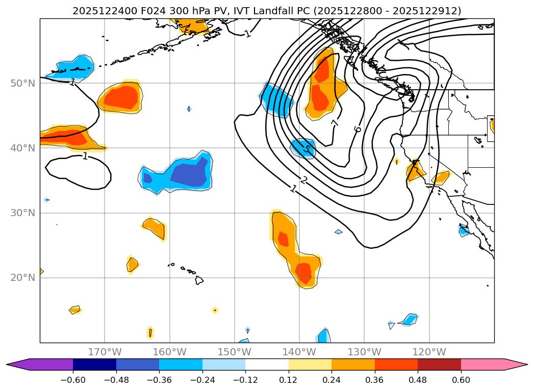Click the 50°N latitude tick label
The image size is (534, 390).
(23, 83)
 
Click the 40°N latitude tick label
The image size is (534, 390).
(23, 148)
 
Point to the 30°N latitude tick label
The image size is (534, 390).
(23, 213)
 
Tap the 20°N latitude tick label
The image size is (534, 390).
(23, 277)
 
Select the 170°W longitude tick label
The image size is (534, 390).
(105, 352)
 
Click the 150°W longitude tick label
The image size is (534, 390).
(235, 352)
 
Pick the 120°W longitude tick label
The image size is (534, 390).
(429, 352)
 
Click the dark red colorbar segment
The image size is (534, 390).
(439, 364)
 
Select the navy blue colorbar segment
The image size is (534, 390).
(94, 364)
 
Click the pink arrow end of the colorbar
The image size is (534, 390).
(515, 364)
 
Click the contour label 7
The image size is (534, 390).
(335, 123)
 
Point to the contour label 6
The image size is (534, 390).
(358, 129)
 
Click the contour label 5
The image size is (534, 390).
(307, 149)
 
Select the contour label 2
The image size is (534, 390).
(304, 179)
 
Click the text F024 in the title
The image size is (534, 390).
(135, 11)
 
